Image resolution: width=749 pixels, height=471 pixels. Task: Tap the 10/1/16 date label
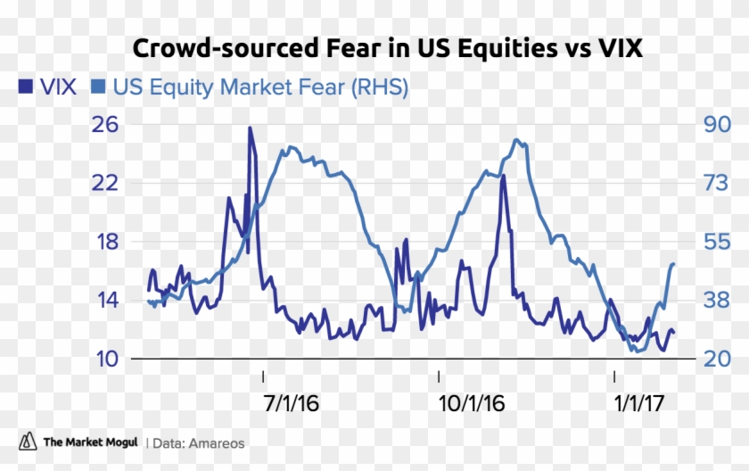tap(472, 403)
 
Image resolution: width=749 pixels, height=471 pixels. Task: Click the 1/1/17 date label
tap(639, 403)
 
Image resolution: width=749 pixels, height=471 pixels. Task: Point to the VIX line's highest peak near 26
tap(250, 128)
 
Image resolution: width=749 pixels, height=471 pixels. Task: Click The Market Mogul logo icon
tap(29, 442)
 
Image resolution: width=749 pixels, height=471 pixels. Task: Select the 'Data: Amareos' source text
tap(199, 442)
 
